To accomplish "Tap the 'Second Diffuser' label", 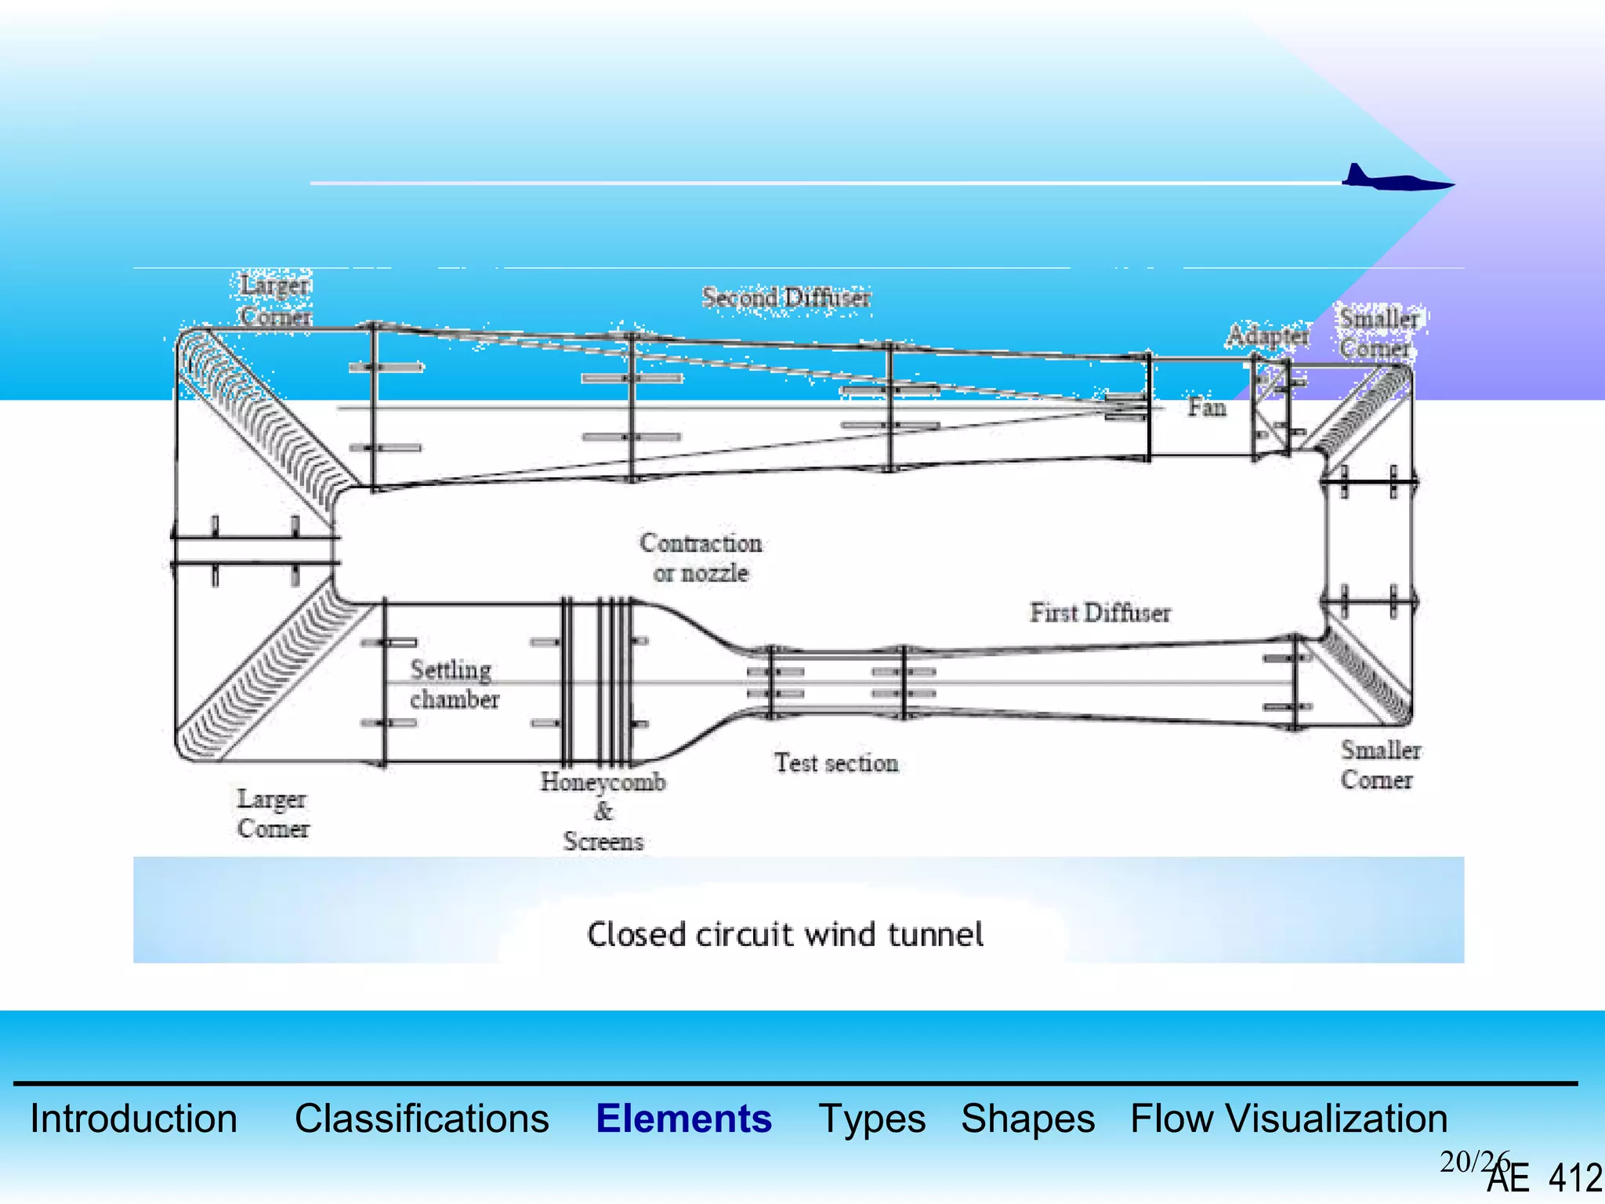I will point(785,298).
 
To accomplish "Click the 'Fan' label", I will point(1206,408).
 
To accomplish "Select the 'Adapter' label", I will point(1267,335).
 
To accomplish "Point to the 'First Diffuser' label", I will point(1100,613).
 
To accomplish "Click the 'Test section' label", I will point(835,763).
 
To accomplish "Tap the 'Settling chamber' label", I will point(454,684).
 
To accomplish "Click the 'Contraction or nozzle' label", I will point(701,557).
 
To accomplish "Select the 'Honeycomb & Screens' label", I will point(603,811).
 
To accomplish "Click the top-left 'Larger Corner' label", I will point(275,300).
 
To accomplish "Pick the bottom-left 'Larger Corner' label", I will point(273,814).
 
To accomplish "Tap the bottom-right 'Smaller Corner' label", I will point(1379,765).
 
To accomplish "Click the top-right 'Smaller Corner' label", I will point(1378,332).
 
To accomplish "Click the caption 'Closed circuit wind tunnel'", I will point(784,934).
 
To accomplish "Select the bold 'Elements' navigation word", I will point(683,1119).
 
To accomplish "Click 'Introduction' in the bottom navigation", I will point(133,1119).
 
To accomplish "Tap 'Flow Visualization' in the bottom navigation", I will point(1288,1119).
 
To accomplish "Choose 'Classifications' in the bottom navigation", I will point(422,1119).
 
